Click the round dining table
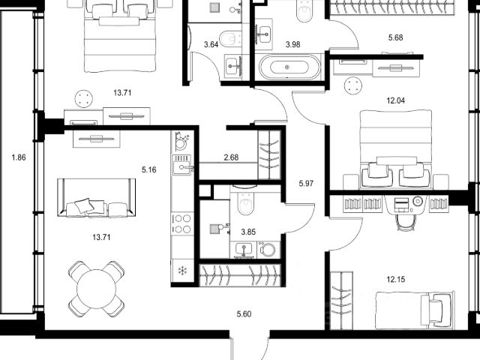click(x=97, y=289)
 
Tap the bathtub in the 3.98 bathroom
click(x=289, y=67)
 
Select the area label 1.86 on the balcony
click(x=19, y=157)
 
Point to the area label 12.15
click(x=395, y=279)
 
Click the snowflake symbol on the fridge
click(x=183, y=271)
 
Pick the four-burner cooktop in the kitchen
click(x=182, y=223)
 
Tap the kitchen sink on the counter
click(x=182, y=165)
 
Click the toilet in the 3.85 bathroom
click(x=245, y=203)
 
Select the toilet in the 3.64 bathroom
click(x=230, y=39)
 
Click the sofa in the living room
click(x=97, y=198)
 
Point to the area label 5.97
click(x=306, y=183)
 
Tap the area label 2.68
click(x=231, y=157)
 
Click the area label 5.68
click(x=395, y=37)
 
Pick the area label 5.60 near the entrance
click(x=244, y=314)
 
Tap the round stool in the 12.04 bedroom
click(x=354, y=85)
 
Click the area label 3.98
click(x=293, y=44)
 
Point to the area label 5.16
click(x=149, y=169)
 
